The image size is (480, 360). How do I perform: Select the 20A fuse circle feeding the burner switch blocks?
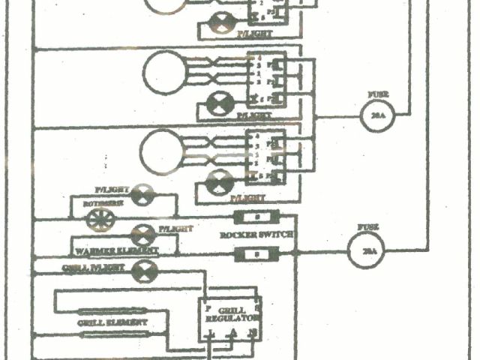pos(377,115)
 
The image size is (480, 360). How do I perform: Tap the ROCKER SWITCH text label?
pos(257,235)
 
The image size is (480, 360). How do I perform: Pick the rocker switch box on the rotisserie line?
pos(257,217)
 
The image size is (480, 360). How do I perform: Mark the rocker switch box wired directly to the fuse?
pos(257,255)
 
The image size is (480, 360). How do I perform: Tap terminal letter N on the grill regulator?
pos(253,334)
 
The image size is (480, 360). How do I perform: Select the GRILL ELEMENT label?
pos(112,322)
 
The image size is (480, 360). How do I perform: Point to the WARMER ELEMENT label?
pos(117,250)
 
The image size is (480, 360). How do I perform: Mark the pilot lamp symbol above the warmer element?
pos(142,235)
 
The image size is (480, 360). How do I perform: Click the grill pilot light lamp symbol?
pos(142,271)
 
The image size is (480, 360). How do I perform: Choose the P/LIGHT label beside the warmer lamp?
pos(175,228)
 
